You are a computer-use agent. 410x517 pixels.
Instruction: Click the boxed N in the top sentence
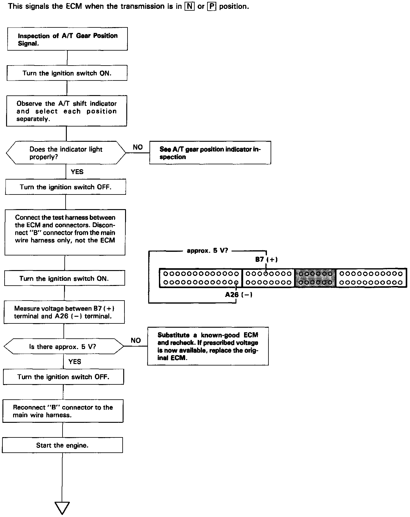189,6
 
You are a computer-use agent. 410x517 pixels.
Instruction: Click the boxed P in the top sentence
211,6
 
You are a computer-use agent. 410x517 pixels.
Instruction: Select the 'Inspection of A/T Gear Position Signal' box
67,39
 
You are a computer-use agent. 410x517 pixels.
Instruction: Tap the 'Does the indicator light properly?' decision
66,153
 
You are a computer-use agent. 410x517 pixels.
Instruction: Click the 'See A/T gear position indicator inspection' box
210,153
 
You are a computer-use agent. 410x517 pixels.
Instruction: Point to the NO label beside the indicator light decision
138,147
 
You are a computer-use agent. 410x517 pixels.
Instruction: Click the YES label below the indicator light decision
77,172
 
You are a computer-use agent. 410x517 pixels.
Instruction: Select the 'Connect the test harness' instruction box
65,232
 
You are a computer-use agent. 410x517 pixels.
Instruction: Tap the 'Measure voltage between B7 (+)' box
64,312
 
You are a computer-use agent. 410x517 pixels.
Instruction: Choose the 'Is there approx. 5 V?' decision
63,346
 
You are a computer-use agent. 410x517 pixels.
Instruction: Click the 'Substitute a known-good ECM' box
208,346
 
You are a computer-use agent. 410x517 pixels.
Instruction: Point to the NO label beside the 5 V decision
136,340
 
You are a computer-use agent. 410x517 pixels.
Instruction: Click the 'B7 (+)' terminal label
266,260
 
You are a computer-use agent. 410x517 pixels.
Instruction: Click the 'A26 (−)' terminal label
239,295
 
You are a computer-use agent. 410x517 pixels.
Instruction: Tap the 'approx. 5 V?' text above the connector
207,251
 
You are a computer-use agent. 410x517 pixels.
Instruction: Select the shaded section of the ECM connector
315,278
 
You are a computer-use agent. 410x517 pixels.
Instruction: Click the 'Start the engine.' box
62,445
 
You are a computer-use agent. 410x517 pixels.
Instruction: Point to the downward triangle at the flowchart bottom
62,508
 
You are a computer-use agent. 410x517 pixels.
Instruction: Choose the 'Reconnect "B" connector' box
63,411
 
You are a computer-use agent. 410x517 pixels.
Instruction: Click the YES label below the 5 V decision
75,362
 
